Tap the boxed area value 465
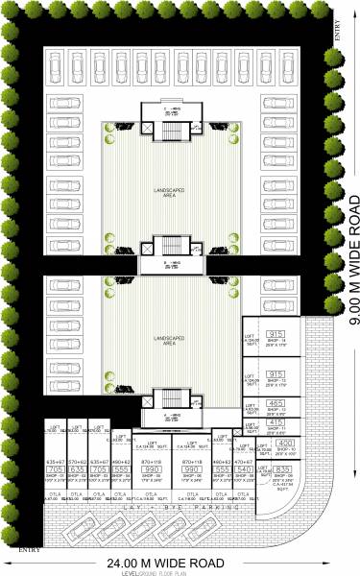(x=276, y=376)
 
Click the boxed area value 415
(x=276, y=396)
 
